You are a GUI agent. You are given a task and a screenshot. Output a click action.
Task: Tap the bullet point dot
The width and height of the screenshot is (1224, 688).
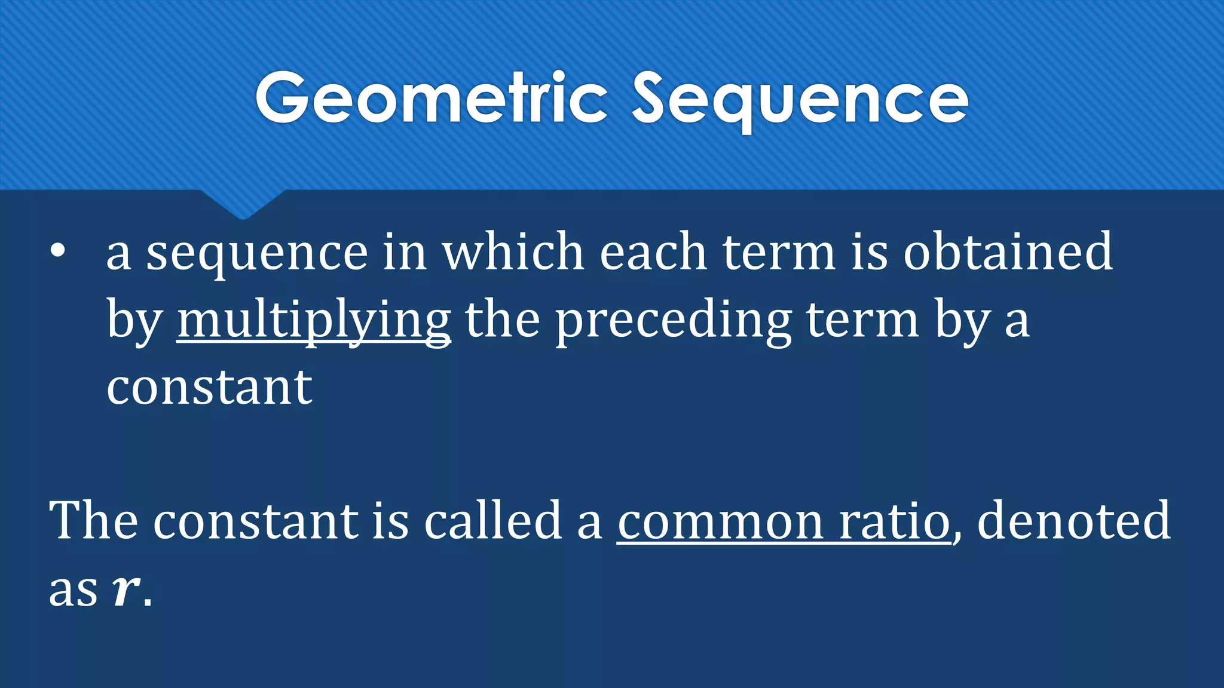pos(57,251)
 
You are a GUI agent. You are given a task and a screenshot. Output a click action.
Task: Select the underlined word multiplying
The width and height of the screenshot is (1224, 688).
pos(314,321)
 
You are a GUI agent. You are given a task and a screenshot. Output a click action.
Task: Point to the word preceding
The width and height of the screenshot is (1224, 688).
pos(674,321)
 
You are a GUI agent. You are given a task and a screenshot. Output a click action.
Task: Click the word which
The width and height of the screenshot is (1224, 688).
pos(513,252)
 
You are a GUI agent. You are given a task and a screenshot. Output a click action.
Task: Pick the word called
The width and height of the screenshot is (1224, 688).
pos(493,521)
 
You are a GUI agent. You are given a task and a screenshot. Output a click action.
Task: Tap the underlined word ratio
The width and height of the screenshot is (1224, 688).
pos(895,521)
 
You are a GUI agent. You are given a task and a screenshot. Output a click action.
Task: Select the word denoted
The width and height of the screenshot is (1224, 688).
pos(1073,521)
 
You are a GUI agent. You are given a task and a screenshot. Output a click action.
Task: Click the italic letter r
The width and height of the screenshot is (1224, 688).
pos(125,591)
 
